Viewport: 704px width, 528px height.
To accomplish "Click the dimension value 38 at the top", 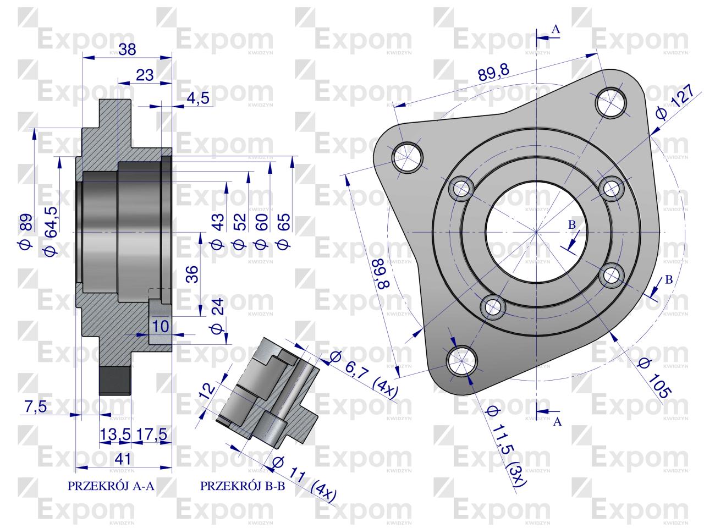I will tap(128, 49).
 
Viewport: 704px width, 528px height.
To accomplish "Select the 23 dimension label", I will tap(144, 75).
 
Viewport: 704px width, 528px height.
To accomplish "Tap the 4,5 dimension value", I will tap(198, 98).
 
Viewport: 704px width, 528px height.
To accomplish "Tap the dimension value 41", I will tap(123, 458).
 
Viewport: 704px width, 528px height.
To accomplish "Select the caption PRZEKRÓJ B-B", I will tap(243, 486).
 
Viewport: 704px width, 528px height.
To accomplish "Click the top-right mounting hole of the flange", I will tap(612, 101).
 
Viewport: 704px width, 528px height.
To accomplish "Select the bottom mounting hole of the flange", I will tap(462, 361).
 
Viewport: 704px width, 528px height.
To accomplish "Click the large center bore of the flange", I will tap(536, 231).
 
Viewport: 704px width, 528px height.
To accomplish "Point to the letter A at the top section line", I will tap(555, 30).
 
